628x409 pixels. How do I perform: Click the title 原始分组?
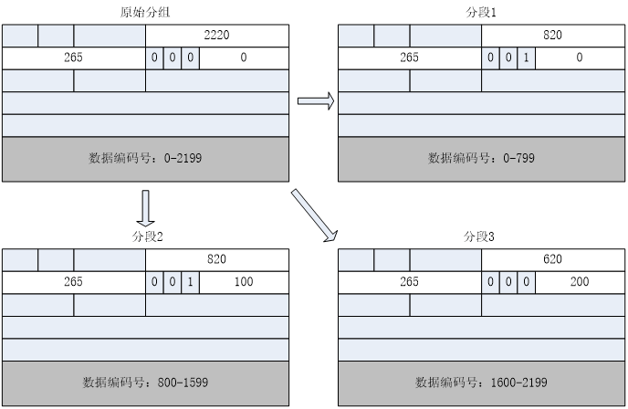click(146, 13)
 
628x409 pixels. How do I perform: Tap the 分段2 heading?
click(146, 236)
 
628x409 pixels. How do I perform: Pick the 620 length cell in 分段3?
click(552, 259)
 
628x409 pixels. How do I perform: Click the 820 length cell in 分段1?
click(552, 35)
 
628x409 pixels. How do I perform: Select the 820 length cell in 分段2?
click(217, 259)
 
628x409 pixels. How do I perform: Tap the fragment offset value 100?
click(243, 282)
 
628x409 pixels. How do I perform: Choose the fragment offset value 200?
click(580, 282)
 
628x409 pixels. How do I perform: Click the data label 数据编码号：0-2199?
click(146, 158)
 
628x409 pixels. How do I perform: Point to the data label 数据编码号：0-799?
click(482, 158)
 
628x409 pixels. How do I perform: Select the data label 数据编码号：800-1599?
click(146, 383)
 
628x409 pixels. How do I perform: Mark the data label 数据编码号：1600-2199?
click(482, 383)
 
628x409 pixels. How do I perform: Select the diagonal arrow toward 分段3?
click(313, 217)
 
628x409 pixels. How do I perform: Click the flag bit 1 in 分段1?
click(525, 58)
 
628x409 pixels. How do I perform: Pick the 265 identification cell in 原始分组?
click(74, 58)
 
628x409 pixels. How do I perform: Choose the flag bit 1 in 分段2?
click(190, 282)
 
